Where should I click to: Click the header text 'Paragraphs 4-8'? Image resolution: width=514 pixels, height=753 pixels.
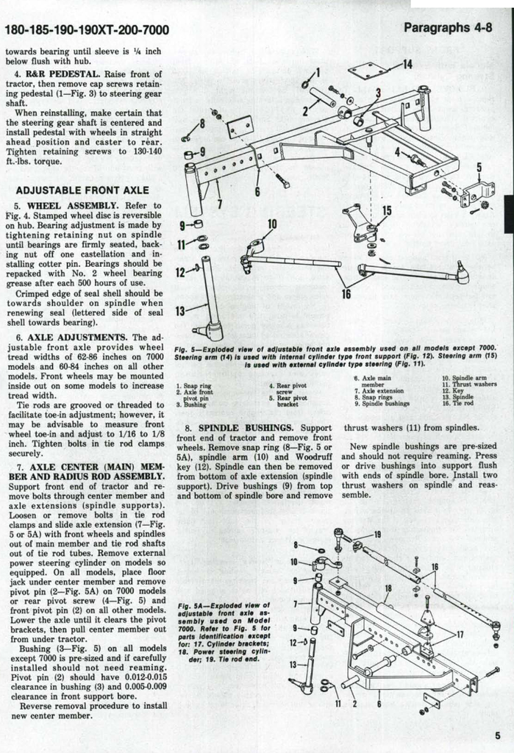click(448, 28)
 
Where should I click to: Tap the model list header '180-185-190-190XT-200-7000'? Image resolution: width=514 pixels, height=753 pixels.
click(87, 30)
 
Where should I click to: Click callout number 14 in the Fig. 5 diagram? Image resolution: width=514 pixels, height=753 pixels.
click(407, 64)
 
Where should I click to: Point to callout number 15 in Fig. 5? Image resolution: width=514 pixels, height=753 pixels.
click(387, 211)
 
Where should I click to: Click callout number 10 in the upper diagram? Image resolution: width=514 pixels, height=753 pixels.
click(271, 224)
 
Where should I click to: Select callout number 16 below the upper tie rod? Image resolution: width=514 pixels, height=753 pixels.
click(346, 294)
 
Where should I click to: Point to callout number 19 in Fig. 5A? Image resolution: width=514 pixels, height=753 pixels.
click(377, 535)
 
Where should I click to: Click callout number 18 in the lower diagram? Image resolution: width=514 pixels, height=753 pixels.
click(388, 588)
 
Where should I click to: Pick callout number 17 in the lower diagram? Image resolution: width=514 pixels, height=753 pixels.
click(460, 634)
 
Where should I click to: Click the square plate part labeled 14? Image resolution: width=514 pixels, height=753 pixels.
click(367, 71)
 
